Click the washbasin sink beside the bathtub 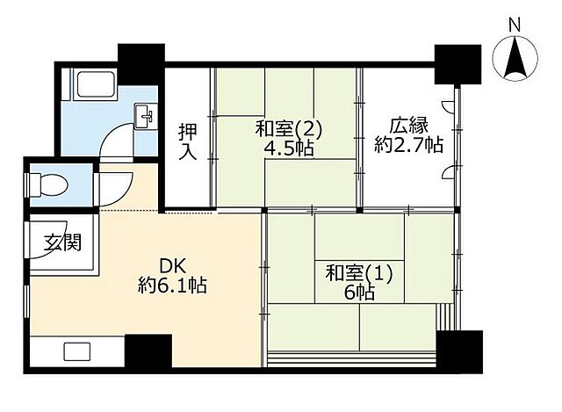tap(146, 114)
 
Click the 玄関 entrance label tap(63, 241)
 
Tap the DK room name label tap(171, 264)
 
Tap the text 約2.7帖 tap(408, 146)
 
